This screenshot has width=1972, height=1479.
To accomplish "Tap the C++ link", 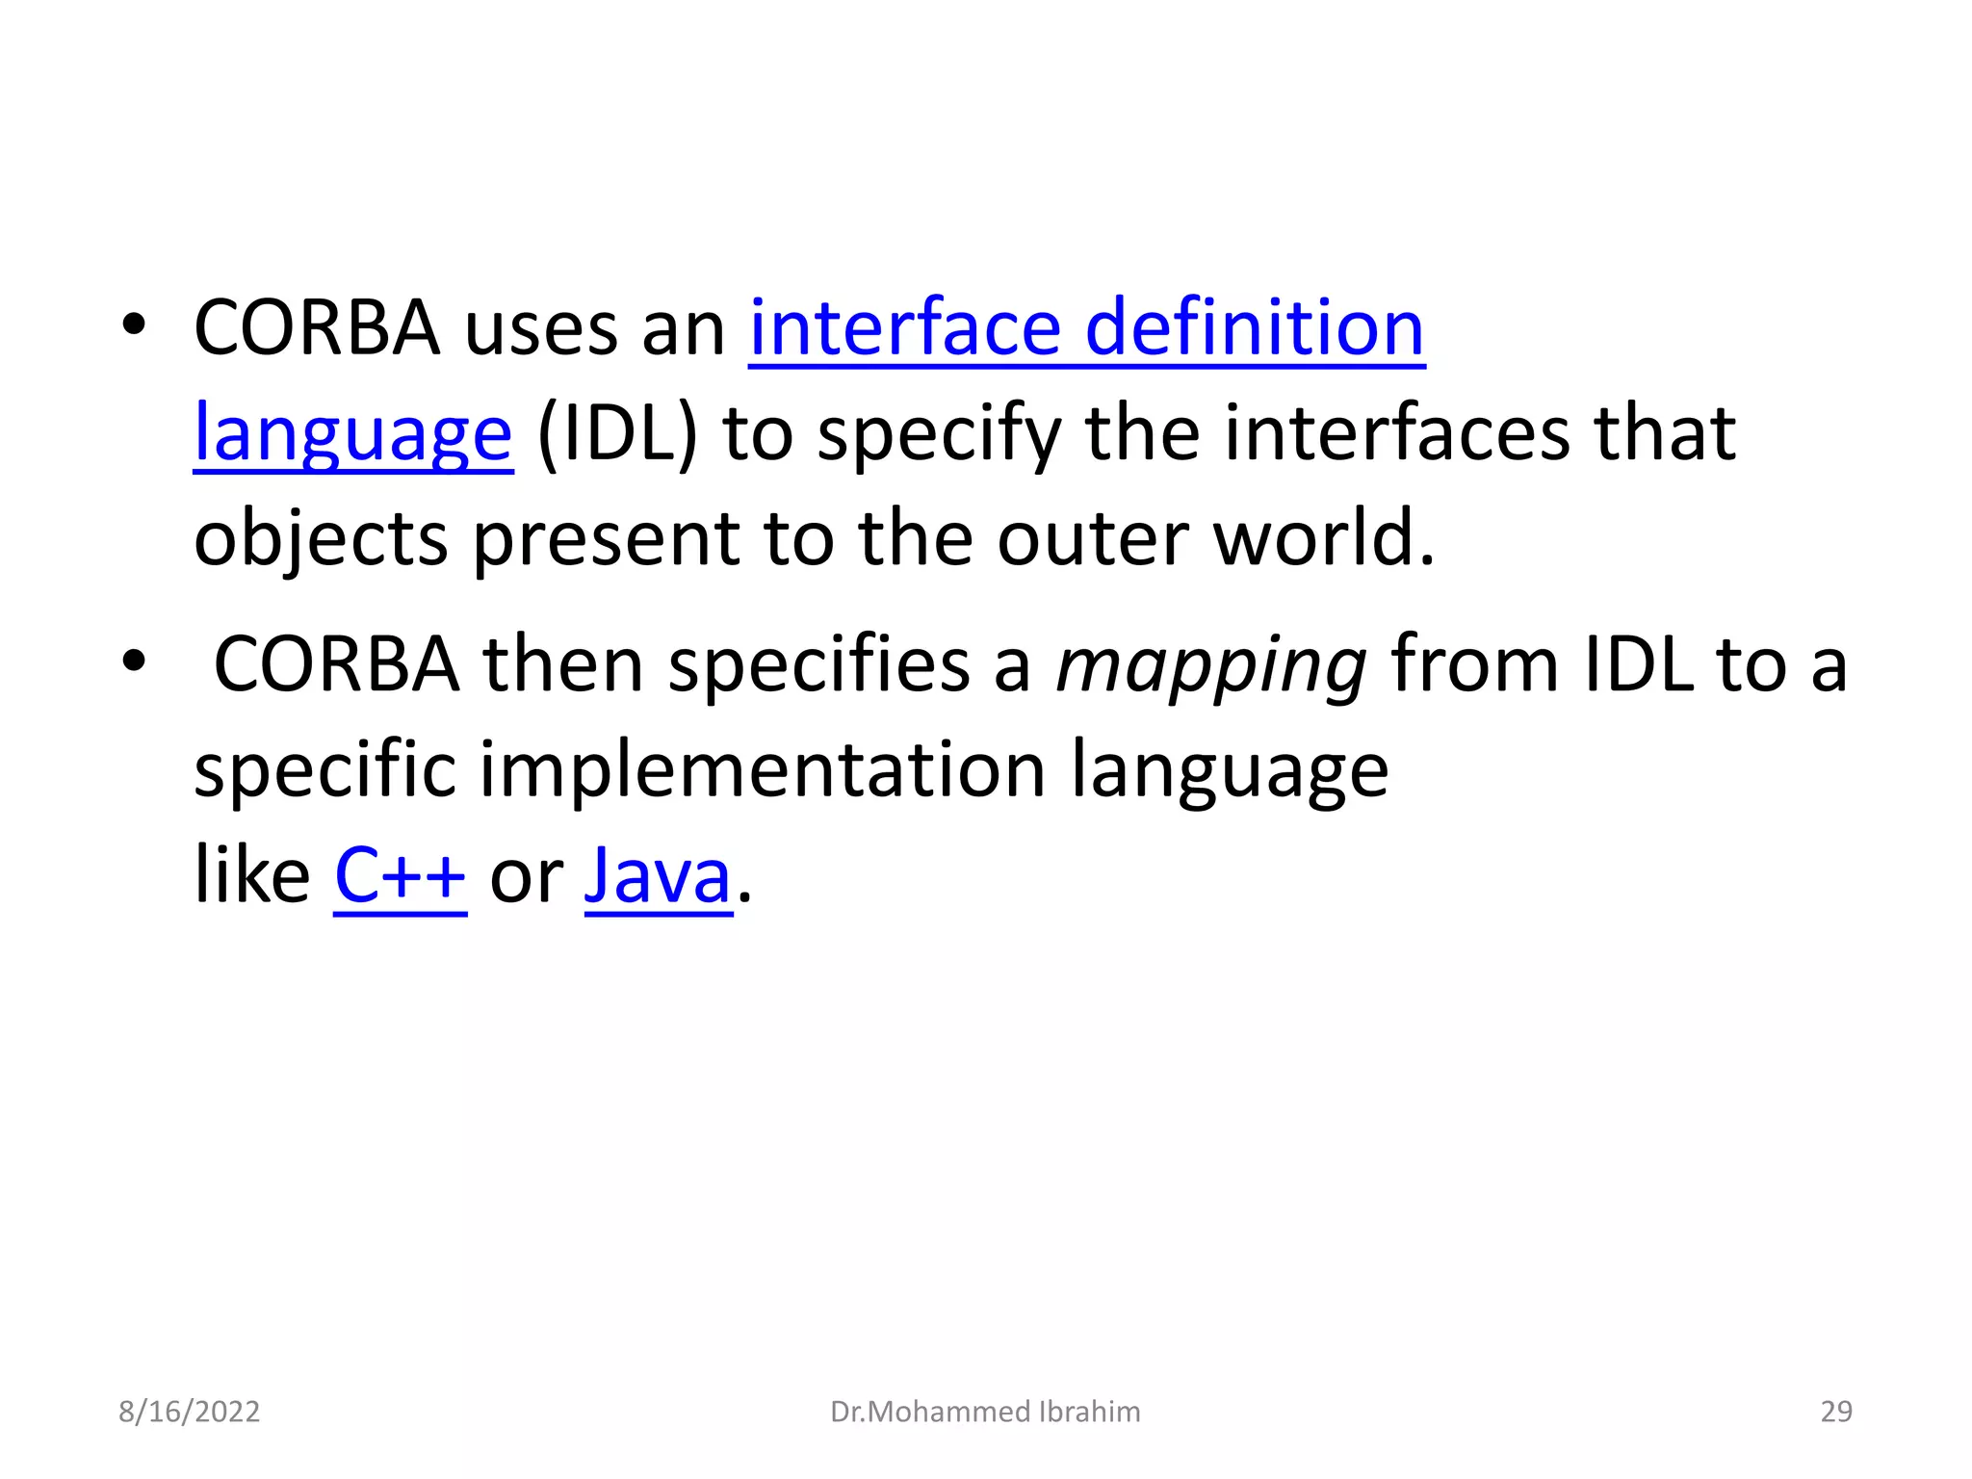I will [400, 876].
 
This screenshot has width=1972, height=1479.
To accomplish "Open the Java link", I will [658, 876].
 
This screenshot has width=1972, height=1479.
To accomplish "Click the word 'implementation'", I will [762, 770].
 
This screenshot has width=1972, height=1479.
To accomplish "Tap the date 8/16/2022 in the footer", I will [189, 1412].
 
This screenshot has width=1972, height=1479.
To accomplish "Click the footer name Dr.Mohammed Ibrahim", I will [985, 1412].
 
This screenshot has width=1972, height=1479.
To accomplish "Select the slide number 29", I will [1836, 1412].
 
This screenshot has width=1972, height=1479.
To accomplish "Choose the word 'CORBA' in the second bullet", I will [336, 665].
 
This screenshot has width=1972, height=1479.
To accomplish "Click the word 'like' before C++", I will [251, 876].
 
